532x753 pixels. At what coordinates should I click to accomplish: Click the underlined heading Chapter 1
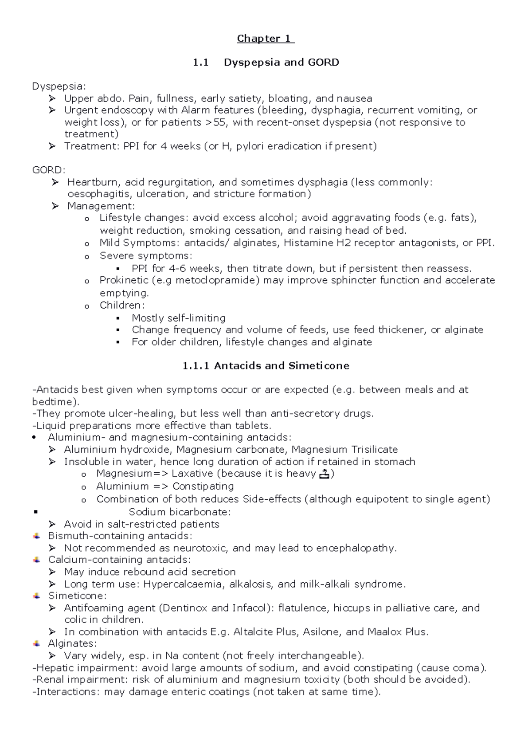(x=266, y=39)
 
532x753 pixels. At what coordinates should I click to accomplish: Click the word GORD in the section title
(x=325, y=63)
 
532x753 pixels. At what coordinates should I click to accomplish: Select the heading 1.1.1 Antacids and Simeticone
(x=266, y=366)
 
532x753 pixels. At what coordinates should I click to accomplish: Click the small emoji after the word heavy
(x=324, y=474)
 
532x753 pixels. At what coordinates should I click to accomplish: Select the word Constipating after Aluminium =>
(x=203, y=486)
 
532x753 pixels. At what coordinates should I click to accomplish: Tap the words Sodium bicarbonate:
(x=180, y=512)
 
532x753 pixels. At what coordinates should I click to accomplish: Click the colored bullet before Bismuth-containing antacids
(x=37, y=536)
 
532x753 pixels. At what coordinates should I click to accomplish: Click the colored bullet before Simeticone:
(x=37, y=596)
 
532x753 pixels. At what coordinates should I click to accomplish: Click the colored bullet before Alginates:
(x=37, y=644)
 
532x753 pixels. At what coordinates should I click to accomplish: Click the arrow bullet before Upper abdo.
(x=52, y=98)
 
